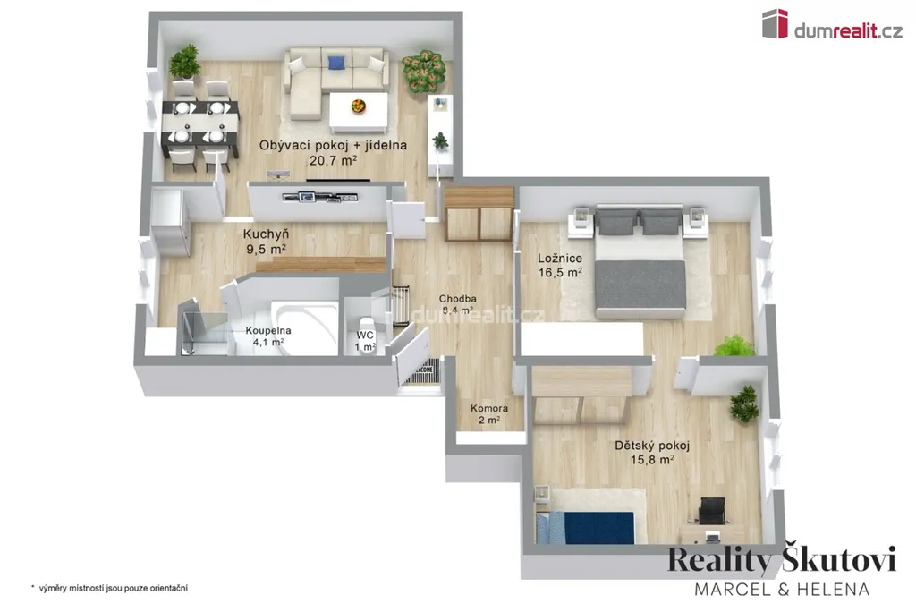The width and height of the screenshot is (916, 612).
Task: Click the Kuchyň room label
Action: click(266, 242)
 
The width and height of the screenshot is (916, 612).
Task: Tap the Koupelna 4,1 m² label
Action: click(268, 336)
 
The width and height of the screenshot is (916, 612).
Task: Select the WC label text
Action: click(365, 336)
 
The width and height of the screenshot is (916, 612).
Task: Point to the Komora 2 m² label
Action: click(489, 414)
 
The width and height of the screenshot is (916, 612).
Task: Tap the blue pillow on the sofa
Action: click(336, 63)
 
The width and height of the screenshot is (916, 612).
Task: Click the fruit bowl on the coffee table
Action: click(358, 106)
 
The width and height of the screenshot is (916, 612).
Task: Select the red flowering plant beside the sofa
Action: click(423, 71)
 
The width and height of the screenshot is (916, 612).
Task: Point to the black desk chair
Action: click(712, 511)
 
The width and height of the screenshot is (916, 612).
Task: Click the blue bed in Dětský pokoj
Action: click(585, 527)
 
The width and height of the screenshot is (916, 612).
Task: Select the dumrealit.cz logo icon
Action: click(775, 24)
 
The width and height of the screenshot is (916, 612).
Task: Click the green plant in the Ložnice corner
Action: click(734, 345)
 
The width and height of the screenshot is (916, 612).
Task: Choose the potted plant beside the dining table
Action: click(184, 61)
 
